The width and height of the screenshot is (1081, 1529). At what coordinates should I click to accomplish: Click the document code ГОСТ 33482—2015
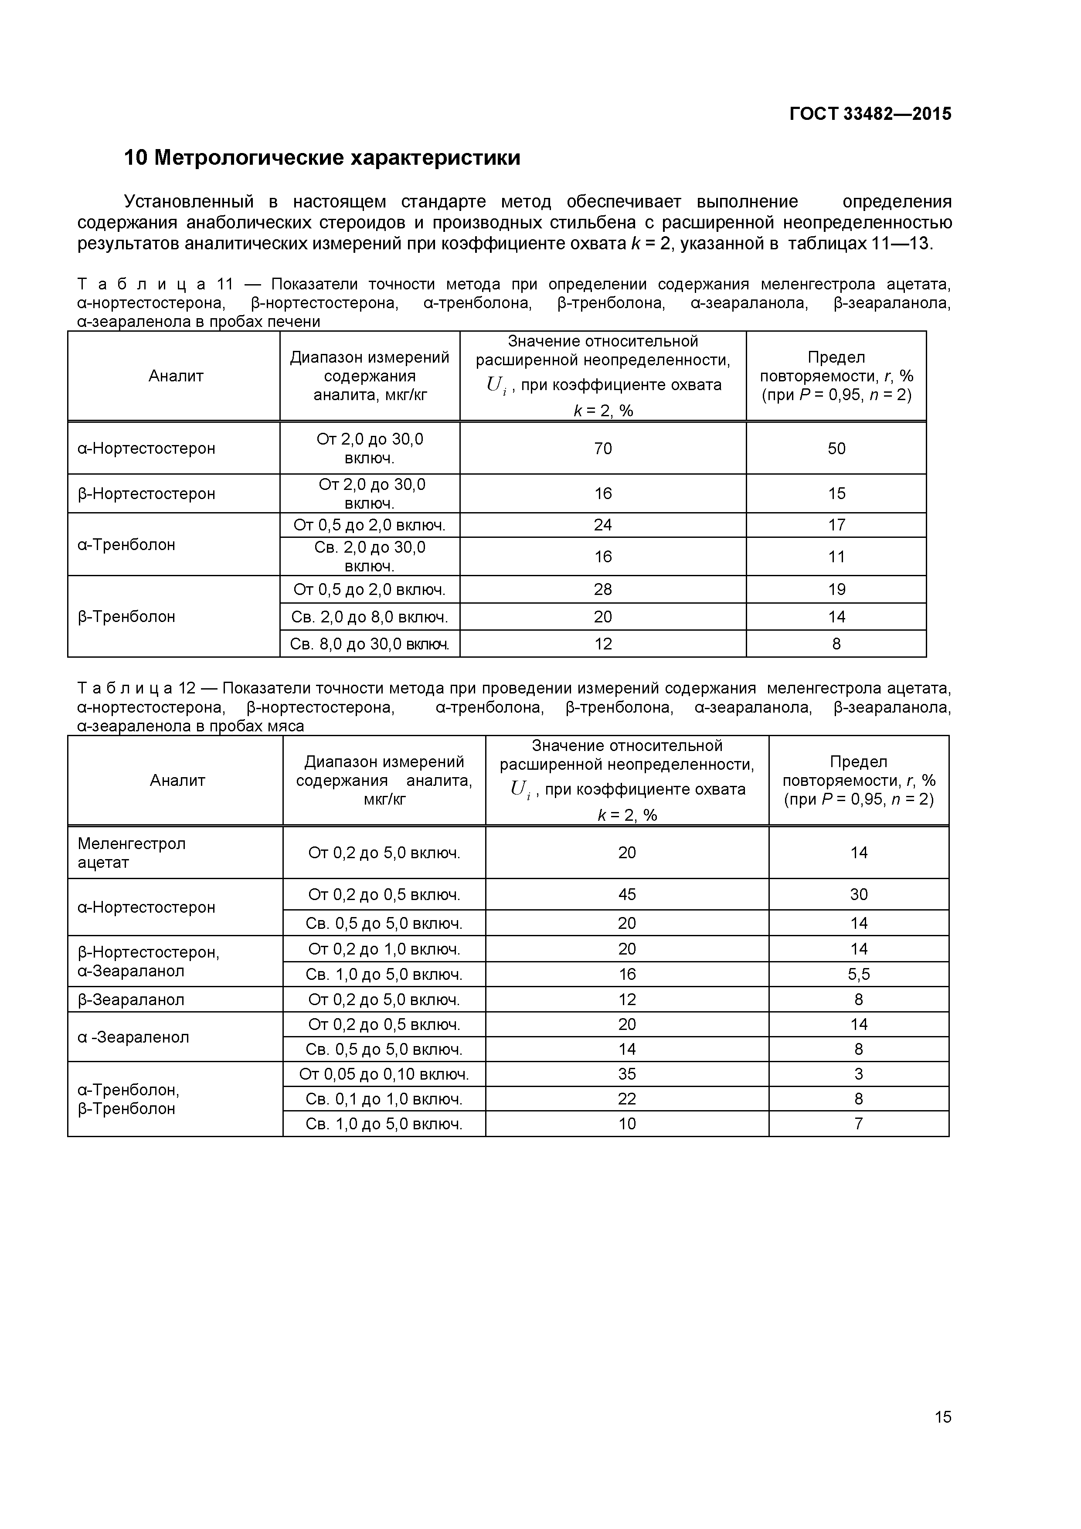tap(870, 114)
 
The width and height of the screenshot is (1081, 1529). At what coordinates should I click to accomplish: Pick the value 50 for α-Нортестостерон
tap(836, 448)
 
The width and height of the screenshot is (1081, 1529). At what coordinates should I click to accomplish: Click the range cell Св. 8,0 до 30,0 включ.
tap(370, 644)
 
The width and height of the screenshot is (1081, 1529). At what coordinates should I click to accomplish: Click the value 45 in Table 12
tap(627, 894)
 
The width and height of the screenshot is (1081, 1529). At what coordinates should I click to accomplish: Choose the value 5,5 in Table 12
tap(859, 974)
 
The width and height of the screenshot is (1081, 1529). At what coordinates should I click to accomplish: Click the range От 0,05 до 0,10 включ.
tap(384, 1074)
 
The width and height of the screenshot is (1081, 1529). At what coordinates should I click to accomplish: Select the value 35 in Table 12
tap(627, 1074)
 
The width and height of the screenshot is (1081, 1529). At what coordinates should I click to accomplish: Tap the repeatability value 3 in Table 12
tap(859, 1074)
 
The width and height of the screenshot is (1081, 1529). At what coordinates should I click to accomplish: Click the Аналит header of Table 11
tap(176, 376)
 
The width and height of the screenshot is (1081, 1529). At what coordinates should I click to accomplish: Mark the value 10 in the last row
tap(627, 1124)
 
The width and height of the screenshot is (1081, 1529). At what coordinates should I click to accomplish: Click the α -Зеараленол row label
tap(133, 1037)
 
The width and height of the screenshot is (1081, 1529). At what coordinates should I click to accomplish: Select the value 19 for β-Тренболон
tap(836, 589)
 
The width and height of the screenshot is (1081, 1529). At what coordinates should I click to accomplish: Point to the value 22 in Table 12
tap(627, 1099)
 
